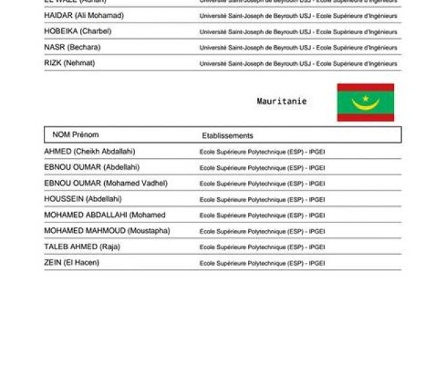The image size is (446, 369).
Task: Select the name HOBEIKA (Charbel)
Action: click(x=77, y=31)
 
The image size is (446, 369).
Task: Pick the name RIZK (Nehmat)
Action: click(x=69, y=63)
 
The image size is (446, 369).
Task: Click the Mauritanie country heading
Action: click(x=282, y=101)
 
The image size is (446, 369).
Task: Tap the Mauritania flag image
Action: click(x=365, y=103)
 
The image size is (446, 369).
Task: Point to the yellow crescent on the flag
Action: click(x=365, y=104)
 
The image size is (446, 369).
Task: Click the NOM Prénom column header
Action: click(x=75, y=135)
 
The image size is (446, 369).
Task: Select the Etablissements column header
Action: click(x=227, y=136)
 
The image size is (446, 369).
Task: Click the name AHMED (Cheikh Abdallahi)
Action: click(x=89, y=151)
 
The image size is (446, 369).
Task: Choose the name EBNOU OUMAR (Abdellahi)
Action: click(x=92, y=167)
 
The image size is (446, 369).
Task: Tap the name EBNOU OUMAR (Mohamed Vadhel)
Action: click(x=106, y=183)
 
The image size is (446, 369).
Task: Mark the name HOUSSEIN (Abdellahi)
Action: click(x=83, y=199)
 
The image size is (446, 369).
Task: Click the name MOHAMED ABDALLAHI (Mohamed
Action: click(x=105, y=215)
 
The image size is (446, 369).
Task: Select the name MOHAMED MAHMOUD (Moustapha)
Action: click(x=107, y=231)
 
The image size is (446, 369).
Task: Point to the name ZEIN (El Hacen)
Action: click(x=71, y=262)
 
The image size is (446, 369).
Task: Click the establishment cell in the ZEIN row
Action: click(x=262, y=263)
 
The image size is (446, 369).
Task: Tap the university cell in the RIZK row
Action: click(x=298, y=64)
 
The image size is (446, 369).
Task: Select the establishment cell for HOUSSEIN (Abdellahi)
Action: click(x=262, y=200)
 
